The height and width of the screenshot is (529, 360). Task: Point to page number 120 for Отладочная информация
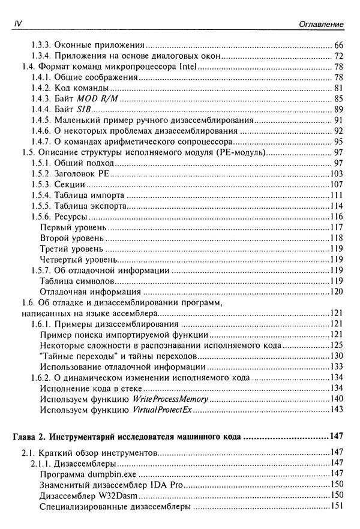pyautogui.click(x=336, y=292)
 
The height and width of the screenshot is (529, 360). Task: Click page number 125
pyautogui.click(x=336, y=345)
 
